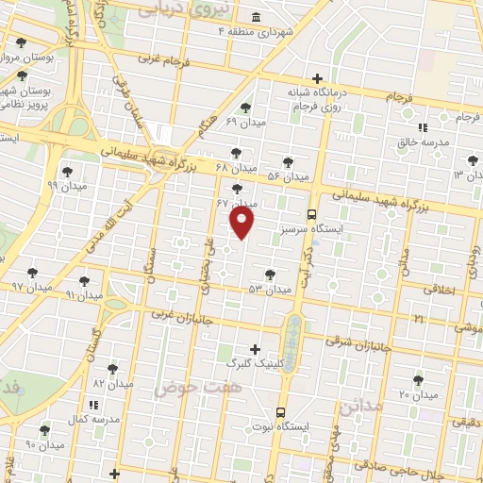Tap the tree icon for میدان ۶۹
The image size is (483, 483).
click(x=246, y=108)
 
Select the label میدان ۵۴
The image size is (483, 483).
click(x=288, y=176)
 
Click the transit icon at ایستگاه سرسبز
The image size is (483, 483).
click(x=313, y=214)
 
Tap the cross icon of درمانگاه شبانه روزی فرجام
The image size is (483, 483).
click(x=318, y=78)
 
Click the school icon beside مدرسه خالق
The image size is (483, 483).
click(x=423, y=127)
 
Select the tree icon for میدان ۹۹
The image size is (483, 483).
click(x=66, y=171)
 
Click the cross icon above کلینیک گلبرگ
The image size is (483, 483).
click(x=253, y=348)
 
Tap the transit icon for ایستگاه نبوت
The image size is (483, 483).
click(x=280, y=412)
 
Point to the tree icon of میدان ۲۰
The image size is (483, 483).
click(x=418, y=380)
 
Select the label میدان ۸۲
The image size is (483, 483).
click(x=110, y=383)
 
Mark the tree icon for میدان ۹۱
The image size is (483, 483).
click(x=84, y=281)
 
